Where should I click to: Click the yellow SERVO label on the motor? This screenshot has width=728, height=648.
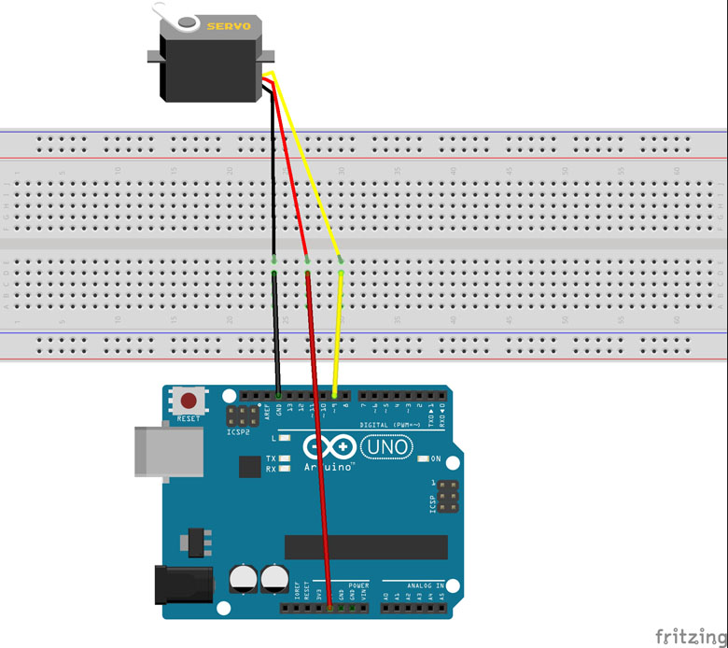(229, 26)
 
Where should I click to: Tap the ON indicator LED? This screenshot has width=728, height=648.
(423, 458)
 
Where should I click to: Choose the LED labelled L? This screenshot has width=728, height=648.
(287, 437)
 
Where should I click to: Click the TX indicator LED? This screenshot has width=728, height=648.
(287, 458)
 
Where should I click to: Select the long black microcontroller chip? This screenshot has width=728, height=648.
(366, 547)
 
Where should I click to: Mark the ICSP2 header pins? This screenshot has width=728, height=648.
(242, 416)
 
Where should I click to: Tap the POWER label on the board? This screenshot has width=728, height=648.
(359, 586)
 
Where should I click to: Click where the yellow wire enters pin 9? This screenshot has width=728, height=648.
(334, 396)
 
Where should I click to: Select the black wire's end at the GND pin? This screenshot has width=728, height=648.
(278, 396)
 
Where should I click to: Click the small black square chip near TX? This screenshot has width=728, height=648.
(249, 466)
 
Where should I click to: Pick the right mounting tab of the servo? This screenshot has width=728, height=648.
(271, 57)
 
